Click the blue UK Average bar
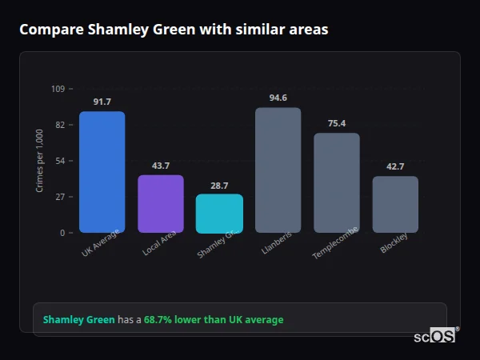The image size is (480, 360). (x=102, y=172)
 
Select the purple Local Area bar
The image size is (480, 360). (x=161, y=204)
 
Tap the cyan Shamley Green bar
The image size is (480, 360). (x=219, y=214)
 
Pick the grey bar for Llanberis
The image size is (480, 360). (x=278, y=170)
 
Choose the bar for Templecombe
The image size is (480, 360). (x=337, y=183)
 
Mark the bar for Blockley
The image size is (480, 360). (x=395, y=205)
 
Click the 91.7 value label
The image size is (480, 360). (x=102, y=102)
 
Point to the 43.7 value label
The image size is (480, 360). (x=161, y=166)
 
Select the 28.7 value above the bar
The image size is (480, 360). (x=219, y=185)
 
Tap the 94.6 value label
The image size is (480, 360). (x=278, y=98)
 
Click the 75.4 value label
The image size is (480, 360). (x=337, y=123)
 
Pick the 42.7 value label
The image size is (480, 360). (x=395, y=166)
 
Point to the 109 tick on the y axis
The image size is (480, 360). (x=58, y=89)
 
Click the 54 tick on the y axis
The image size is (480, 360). (x=59, y=161)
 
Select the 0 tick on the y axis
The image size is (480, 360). (x=62, y=233)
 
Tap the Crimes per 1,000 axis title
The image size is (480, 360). (x=40, y=161)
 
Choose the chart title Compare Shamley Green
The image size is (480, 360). (x=174, y=30)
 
